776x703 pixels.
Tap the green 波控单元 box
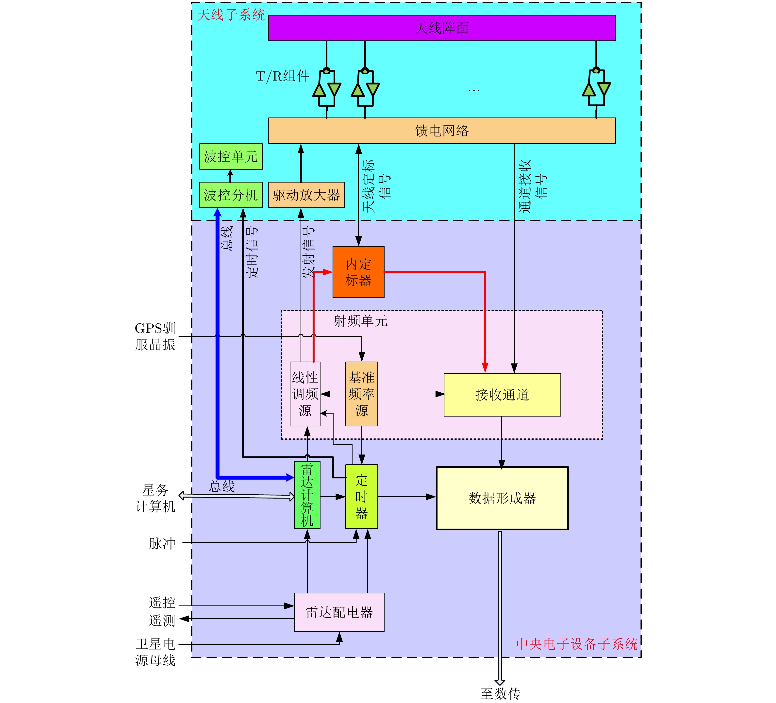[x=231, y=156]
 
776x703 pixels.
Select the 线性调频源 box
[x=305, y=394]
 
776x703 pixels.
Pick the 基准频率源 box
[x=361, y=394]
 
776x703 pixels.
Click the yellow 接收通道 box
[x=502, y=394]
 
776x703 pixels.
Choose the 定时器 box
[x=361, y=496]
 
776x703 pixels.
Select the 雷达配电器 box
[x=339, y=612]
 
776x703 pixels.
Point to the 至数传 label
[x=500, y=693]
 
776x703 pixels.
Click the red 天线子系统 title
[x=231, y=15]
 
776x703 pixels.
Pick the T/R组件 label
[x=283, y=76]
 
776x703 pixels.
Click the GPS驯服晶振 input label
[x=155, y=336]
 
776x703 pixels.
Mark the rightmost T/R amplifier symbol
[x=596, y=88]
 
